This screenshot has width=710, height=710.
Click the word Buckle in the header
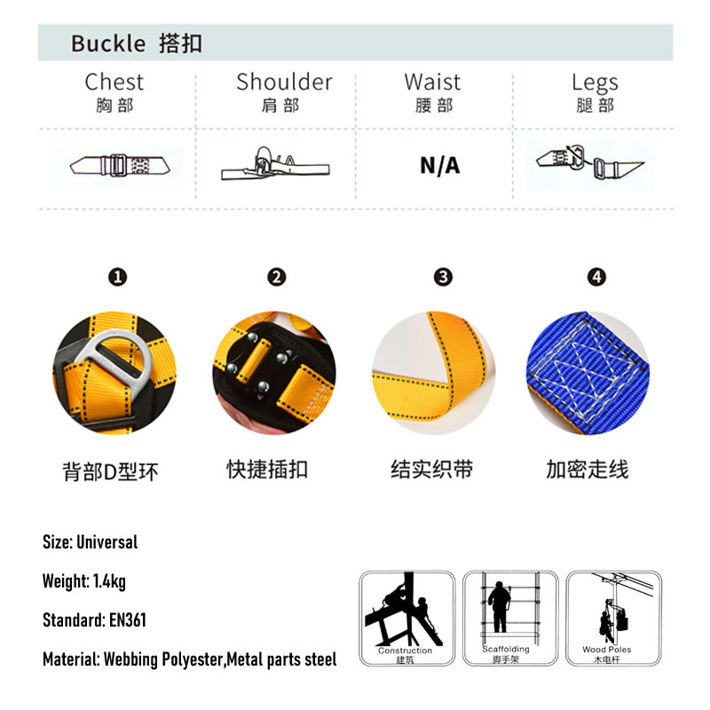point(108,43)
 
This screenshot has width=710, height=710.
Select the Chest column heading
point(114,82)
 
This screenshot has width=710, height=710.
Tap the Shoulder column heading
point(284,82)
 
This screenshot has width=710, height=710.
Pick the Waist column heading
point(432,82)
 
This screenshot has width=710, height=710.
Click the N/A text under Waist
point(439,166)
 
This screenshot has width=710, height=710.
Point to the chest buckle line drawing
point(120,165)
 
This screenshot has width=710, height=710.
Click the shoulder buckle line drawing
point(275,164)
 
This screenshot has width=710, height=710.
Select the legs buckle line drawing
point(590,162)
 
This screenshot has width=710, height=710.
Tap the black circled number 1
point(118,277)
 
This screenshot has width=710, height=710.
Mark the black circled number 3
point(443,277)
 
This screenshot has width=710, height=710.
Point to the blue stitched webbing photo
point(588,373)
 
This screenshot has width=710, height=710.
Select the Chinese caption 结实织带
point(432,469)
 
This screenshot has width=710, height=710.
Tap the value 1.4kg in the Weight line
point(109,581)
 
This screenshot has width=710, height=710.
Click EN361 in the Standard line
point(128,619)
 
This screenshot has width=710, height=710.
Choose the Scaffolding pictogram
point(510,618)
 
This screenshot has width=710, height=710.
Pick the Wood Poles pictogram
point(613,618)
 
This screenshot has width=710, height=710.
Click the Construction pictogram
point(407,618)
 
